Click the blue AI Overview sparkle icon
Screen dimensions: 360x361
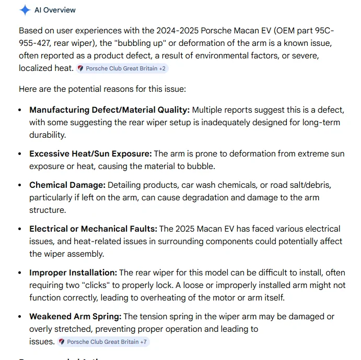click(x=25, y=10)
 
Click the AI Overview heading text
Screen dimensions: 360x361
click(x=55, y=10)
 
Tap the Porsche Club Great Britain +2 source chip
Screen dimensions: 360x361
click(x=122, y=68)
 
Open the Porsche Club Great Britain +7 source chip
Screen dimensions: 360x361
click(x=103, y=342)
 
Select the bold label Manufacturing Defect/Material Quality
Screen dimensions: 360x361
click(x=109, y=110)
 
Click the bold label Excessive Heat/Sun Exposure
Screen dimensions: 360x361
click(x=90, y=154)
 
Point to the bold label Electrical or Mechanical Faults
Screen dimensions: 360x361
click(x=93, y=229)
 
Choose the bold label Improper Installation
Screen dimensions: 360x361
click(x=73, y=273)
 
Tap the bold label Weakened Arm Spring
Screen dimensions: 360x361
click(x=75, y=317)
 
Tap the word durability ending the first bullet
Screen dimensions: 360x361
click(x=48, y=135)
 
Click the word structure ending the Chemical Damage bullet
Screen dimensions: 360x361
click(x=47, y=210)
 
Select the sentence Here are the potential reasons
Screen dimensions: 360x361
click(x=102, y=89)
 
